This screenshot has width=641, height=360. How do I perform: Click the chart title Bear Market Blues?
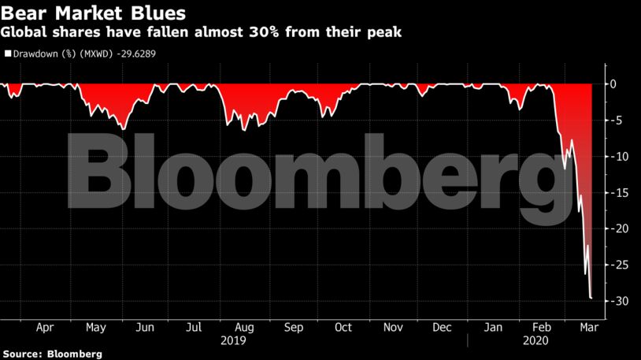click(x=94, y=13)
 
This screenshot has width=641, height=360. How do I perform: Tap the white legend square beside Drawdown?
click(x=9, y=54)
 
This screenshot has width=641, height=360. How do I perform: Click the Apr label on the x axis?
click(x=46, y=327)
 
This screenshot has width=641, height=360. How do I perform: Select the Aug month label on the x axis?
click(x=244, y=327)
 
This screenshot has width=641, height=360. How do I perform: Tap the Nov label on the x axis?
click(x=393, y=327)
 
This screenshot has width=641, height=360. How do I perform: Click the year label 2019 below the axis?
click(x=234, y=340)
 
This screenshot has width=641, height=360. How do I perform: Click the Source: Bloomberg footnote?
click(x=52, y=354)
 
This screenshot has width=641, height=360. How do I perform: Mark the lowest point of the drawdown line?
click(x=591, y=299)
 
